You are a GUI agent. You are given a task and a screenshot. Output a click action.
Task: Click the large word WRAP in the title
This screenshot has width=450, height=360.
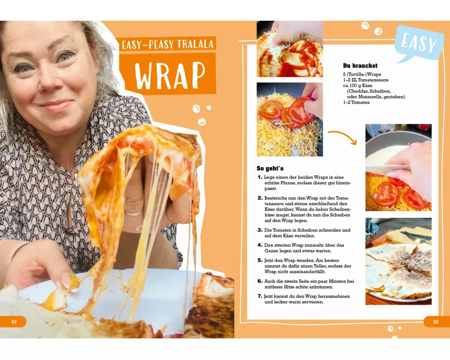(170, 75)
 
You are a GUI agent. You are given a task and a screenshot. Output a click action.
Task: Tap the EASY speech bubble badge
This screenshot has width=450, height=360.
(419, 44)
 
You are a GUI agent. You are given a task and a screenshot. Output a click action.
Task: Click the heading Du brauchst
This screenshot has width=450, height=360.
(360, 66)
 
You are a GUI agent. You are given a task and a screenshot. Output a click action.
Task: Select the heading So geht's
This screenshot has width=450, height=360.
(270, 168)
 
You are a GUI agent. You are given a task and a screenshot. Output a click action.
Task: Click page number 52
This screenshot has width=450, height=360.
(14, 322)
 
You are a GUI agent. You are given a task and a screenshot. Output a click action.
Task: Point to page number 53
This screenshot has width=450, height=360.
(436, 322)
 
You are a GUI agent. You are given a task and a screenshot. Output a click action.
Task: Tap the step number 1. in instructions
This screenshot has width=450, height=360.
(260, 177)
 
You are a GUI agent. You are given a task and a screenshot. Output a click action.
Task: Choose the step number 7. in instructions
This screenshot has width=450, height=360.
(260, 296)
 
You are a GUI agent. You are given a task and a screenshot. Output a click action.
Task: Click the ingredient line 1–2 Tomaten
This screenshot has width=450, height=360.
(356, 103)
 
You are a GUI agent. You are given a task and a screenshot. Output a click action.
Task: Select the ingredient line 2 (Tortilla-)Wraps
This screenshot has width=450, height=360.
(362, 74)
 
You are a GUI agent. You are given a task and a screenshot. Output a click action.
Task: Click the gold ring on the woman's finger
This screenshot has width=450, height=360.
(133, 213)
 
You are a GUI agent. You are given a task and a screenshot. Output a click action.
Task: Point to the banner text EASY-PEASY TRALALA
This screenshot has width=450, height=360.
(167, 45)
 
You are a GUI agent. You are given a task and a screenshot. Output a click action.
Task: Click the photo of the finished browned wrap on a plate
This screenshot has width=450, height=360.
(398, 261)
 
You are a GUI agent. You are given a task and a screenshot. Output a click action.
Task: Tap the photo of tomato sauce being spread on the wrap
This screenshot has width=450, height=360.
(289, 49)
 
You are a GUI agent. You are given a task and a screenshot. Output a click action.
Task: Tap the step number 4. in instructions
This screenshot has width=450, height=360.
(260, 245)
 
